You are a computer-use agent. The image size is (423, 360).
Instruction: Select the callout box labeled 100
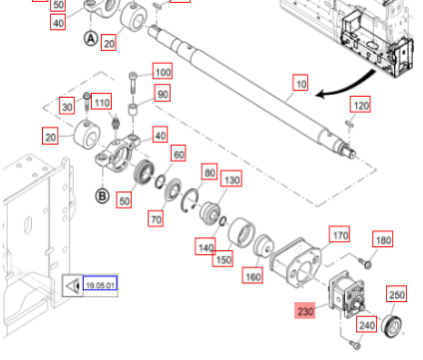[162, 72]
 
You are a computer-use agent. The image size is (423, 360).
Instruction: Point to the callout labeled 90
[162, 94]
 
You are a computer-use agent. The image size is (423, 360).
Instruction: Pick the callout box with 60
[179, 155]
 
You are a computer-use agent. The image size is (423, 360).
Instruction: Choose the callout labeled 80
[209, 173]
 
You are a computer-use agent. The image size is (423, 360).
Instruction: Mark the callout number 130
[231, 180]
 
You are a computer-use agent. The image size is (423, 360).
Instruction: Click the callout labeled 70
[156, 218]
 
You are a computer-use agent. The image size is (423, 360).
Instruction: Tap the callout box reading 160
[251, 277]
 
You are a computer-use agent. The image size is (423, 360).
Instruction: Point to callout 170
[339, 236]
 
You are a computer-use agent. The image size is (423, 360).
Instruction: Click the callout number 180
[384, 240]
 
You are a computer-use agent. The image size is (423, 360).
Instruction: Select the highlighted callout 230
[304, 311]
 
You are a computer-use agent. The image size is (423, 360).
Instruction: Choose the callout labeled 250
[396, 295]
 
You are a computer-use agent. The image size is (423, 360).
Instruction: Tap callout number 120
[360, 106]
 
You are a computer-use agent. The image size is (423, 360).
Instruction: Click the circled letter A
[91, 39]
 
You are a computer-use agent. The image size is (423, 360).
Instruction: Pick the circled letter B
[102, 195]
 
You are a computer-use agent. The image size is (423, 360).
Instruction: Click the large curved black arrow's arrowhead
[320, 96]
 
